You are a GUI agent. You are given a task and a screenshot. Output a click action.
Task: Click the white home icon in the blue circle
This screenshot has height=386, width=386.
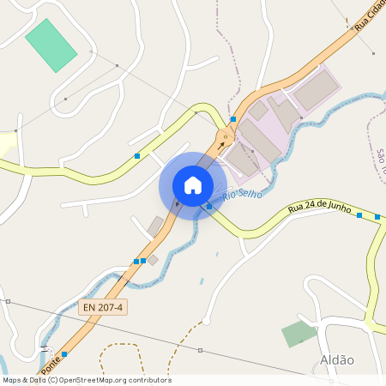point(192,184)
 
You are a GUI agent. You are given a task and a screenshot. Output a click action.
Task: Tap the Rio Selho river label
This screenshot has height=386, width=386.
point(242,196)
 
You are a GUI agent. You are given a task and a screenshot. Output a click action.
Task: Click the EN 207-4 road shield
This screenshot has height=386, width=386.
point(103,306)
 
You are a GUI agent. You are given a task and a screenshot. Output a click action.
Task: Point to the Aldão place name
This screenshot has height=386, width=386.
point(336,360)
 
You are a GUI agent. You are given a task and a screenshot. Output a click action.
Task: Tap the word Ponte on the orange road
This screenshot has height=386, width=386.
point(51,341)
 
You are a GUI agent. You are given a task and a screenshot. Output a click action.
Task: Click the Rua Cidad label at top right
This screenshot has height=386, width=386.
point(370,17)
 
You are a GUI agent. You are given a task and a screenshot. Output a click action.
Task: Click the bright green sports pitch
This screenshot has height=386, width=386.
point(51,45)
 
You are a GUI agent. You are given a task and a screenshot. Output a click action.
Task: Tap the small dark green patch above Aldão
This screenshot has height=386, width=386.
point(299,334)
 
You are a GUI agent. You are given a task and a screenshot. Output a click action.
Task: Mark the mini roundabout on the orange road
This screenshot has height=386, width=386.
point(226,135)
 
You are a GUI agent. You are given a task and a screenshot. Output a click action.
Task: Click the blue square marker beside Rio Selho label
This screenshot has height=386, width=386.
point(208,206)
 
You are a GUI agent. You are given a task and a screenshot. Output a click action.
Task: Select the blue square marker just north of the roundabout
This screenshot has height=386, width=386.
point(233,119)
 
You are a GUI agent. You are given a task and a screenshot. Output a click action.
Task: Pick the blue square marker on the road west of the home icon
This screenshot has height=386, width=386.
point(137,156)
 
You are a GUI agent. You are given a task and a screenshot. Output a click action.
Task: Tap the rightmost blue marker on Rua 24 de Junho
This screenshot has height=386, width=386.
point(377,217)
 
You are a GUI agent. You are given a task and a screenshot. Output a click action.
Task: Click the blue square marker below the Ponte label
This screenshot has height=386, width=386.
point(64,353)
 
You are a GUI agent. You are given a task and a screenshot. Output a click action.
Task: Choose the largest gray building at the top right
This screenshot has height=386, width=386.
point(316,89)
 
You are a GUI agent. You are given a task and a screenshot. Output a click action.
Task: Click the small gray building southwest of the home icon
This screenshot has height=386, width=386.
point(155,226)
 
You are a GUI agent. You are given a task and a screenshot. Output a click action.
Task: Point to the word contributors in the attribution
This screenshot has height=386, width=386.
point(148,380)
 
